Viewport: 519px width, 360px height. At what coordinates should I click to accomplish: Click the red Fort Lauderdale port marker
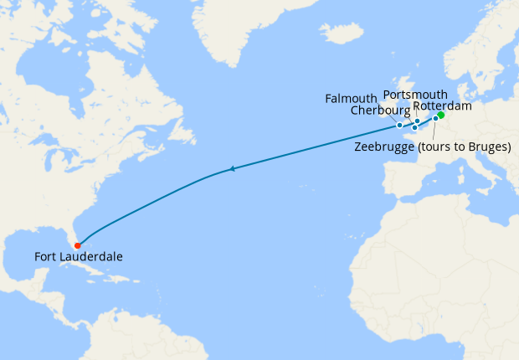tap(77, 245)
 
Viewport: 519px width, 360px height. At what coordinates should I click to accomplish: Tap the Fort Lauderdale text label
tap(79, 257)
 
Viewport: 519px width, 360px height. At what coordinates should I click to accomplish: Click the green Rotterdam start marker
tap(441, 116)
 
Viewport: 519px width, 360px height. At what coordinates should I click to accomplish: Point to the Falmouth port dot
tap(400, 125)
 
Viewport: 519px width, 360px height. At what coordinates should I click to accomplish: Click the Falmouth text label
tap(352, 100)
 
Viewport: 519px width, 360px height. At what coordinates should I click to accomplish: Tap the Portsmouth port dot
tap(418, 121)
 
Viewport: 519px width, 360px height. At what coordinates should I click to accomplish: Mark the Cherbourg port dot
tap(414, 128)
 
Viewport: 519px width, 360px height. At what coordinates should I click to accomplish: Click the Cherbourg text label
tap(381, 111)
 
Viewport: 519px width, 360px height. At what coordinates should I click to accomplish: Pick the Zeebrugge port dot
tap(435, 119)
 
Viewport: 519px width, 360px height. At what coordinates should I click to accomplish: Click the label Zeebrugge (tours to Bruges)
tap(433, 147)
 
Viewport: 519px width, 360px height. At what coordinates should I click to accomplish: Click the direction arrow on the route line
tap(232, 169)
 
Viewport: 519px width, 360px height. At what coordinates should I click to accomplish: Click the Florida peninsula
tap(71, 234)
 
